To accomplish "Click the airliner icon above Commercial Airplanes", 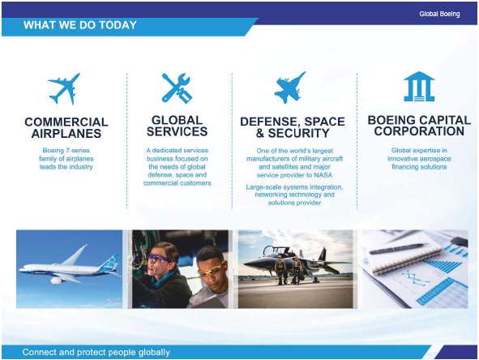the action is click(65, 88).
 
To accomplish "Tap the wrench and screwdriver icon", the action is click(177, 88).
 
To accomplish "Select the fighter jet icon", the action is click(289, 88).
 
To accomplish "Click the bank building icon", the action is click(419, 87).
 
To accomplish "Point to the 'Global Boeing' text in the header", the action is click(439, 14).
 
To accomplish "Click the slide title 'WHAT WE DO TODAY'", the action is click(80, 25).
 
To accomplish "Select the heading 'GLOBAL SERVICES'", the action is click(177, 126).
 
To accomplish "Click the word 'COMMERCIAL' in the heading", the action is click(66, 122).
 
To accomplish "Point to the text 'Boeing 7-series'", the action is click(66, 150).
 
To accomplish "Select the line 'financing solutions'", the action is click(419, 167).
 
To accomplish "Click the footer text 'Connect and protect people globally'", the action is click(96, 352).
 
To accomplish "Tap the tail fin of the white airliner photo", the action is click(109, 263).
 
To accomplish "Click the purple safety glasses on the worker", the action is click(158, 259).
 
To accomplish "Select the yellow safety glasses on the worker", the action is click(210, 270).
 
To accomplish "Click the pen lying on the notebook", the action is click(398, 249).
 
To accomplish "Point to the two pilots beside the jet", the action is click(287, 270).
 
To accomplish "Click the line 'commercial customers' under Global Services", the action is click(177, 183).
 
